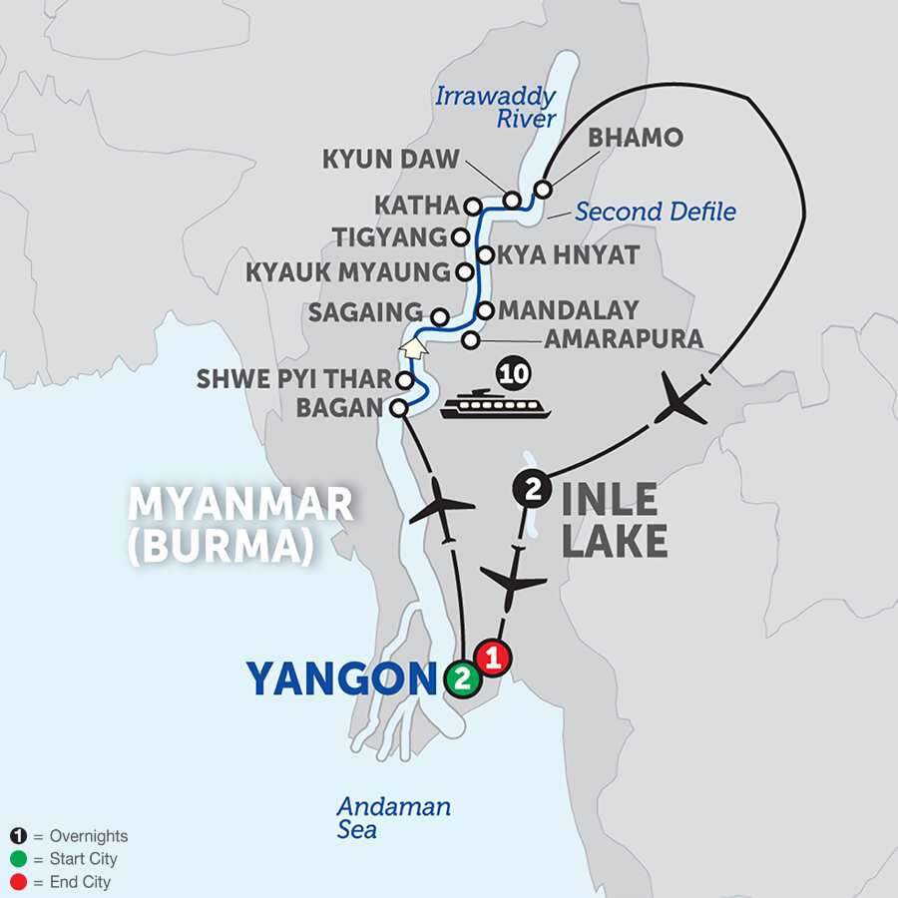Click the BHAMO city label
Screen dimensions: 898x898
[635, 139]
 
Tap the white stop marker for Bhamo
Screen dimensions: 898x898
[543, 189]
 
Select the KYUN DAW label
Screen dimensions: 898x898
[391, 160]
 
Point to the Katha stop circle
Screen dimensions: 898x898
[474, 207]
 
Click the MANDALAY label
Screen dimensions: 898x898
[568, 310]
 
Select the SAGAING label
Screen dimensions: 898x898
[365, 313]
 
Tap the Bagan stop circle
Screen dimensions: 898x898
[398, 407]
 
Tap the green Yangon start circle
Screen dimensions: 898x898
[460, 679]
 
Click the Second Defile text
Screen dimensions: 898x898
[657, 212]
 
